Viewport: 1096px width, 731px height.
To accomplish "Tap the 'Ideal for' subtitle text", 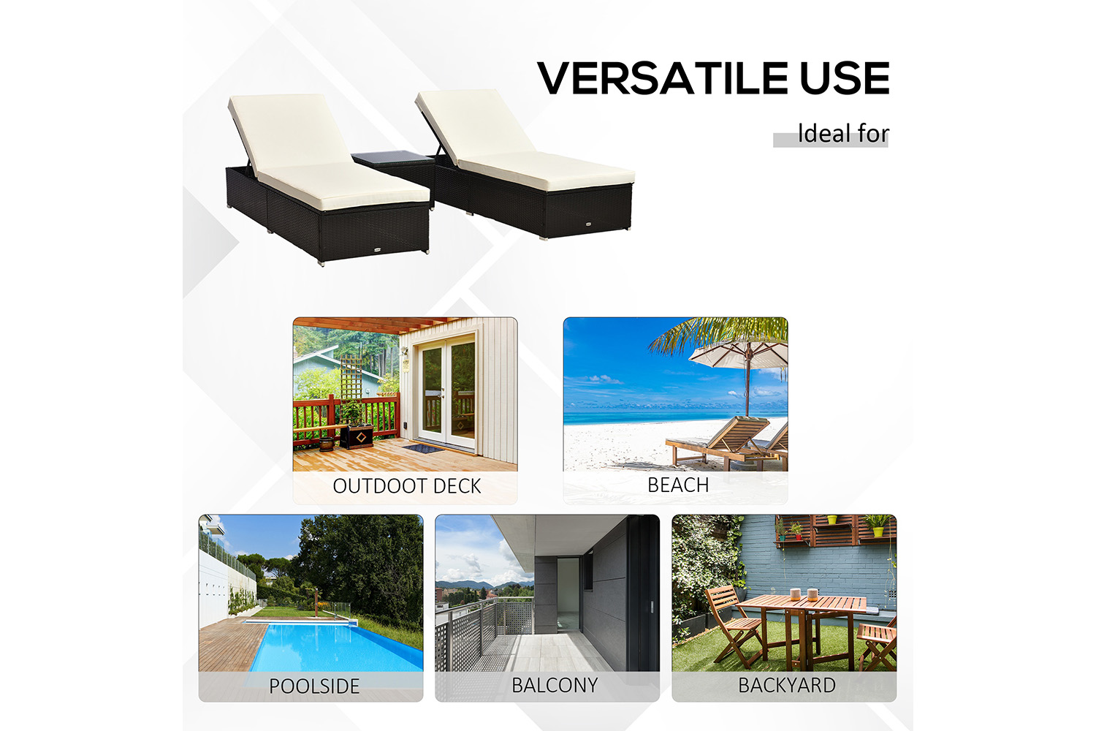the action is click(843, 134).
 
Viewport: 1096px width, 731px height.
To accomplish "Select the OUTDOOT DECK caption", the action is click(406, 486).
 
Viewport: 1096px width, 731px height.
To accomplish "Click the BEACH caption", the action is click(678, 485).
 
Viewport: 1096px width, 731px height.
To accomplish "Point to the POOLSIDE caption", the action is click(314, 686).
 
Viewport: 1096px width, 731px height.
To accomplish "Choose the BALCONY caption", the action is click(555, 685).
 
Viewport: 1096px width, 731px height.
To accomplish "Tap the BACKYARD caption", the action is click(787, 685).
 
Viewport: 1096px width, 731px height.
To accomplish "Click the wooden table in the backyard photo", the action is click(802, 626).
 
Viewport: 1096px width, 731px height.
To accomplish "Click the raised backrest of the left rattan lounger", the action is click(289, 132).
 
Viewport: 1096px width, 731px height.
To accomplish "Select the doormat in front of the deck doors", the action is click(424, 447).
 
